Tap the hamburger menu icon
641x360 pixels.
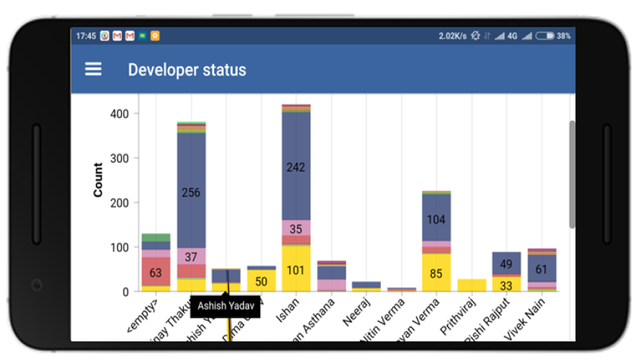93,69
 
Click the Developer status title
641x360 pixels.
187,70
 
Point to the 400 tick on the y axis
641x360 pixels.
120,114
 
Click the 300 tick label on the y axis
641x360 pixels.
120,158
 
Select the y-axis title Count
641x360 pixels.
98,180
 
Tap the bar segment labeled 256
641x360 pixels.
191,192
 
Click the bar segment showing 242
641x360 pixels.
296,167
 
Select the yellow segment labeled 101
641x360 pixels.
296,270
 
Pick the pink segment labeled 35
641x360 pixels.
296,229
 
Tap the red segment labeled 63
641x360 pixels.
156,272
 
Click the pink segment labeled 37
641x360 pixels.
191,256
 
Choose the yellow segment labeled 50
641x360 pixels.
261,280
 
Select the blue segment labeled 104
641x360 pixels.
436,219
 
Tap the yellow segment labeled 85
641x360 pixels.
436,273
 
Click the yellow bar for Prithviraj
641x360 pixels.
472,285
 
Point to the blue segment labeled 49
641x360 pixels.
506,264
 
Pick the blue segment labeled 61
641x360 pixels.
542,269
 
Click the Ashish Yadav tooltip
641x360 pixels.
225,305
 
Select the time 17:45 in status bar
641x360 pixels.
86,35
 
